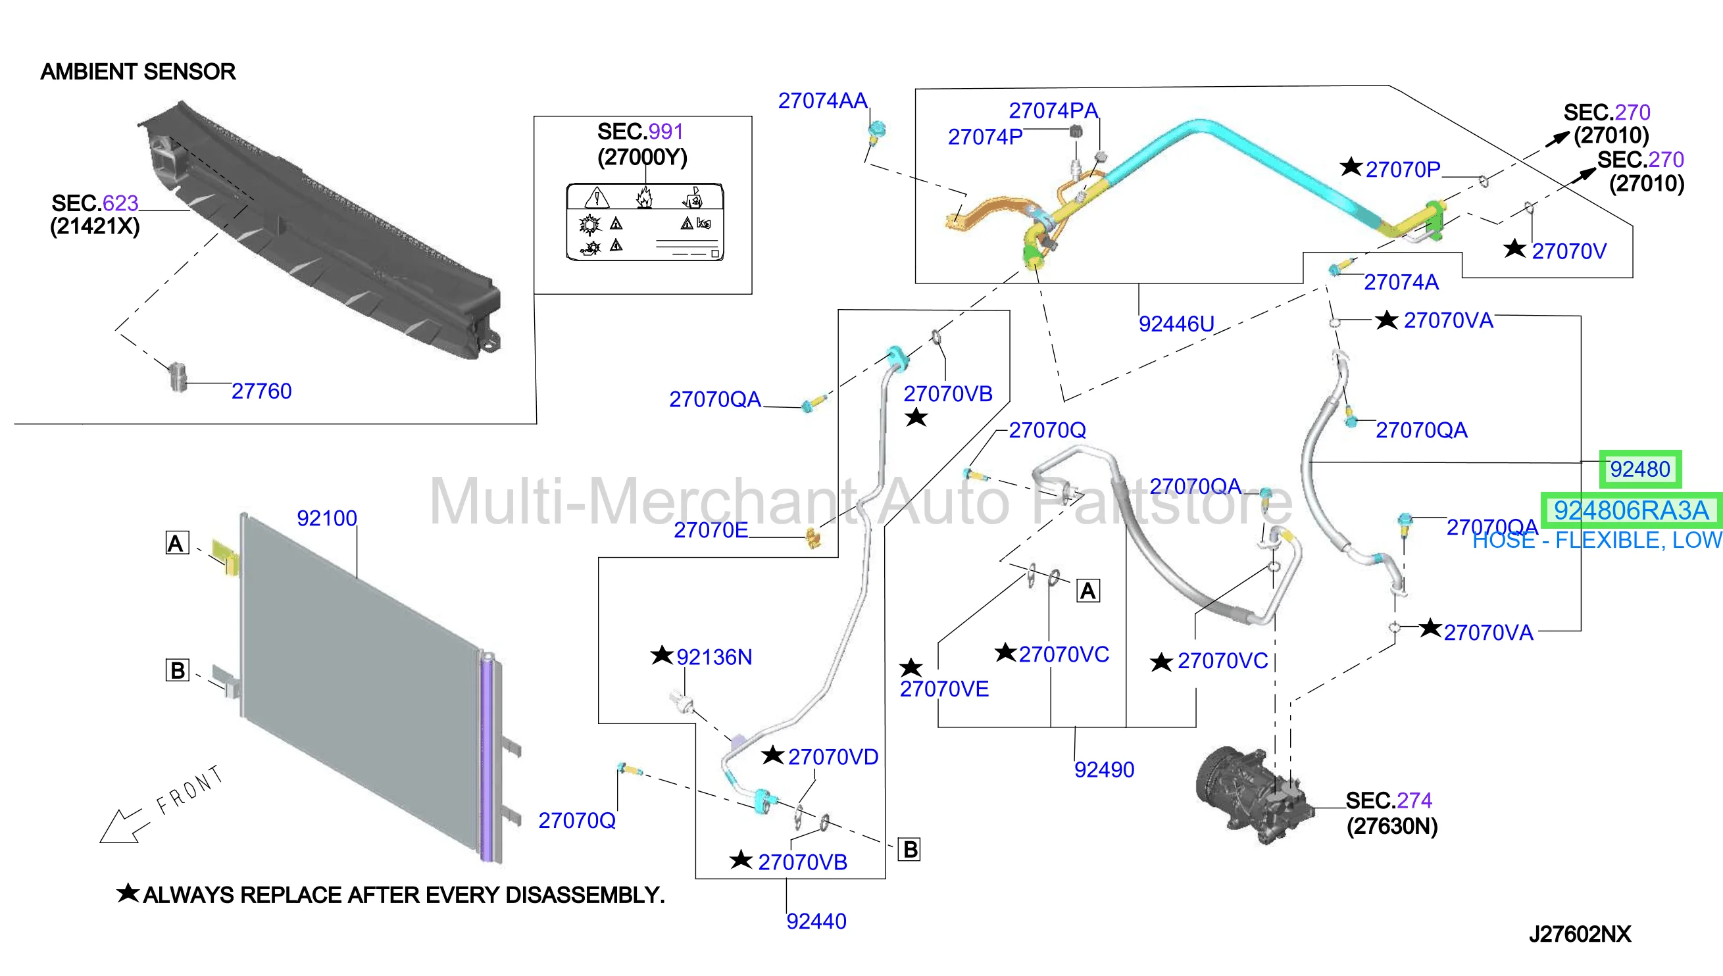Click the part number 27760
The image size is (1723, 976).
pyautogui.click(x=261, y=391)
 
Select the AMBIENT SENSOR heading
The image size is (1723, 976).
pyautogui.click(x=138, y=72)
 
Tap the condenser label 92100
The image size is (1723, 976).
pyautogui.click(x=327, y=518)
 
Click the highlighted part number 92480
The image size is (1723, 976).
pyautogui.click(x=1640, y=469)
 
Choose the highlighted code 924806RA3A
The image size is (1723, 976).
pyautogui.click(x=1631, y=511)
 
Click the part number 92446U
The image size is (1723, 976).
pyautogui.click(x=1176, y=324)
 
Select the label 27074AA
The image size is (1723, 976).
pyautogui.click(x=822, y=101)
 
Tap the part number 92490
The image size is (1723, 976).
pyautogui.click(x=1104, y=769)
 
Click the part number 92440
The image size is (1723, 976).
pyautogui.click(x=816, y=921)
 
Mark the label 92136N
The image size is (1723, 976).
pyautogui.click(x=714, y=658)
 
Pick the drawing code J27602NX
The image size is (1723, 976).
pyautogui.click(x=1580, y=935)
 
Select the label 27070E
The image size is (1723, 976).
pyautogui.click(x=711, y=530)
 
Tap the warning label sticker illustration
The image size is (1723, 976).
pyautogui.click(x=645, y=222)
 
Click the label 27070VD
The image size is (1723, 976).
pyautogui.click(x=833, y=758)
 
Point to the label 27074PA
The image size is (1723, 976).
pyautogui.click(x=1053, y=110)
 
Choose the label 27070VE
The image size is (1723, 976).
pyautogui.click(x=944, y=689)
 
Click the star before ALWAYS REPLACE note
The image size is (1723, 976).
pyautogui.click(x=128, y=893)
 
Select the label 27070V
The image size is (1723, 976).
pyautogui.click(x=1569, y=251)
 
